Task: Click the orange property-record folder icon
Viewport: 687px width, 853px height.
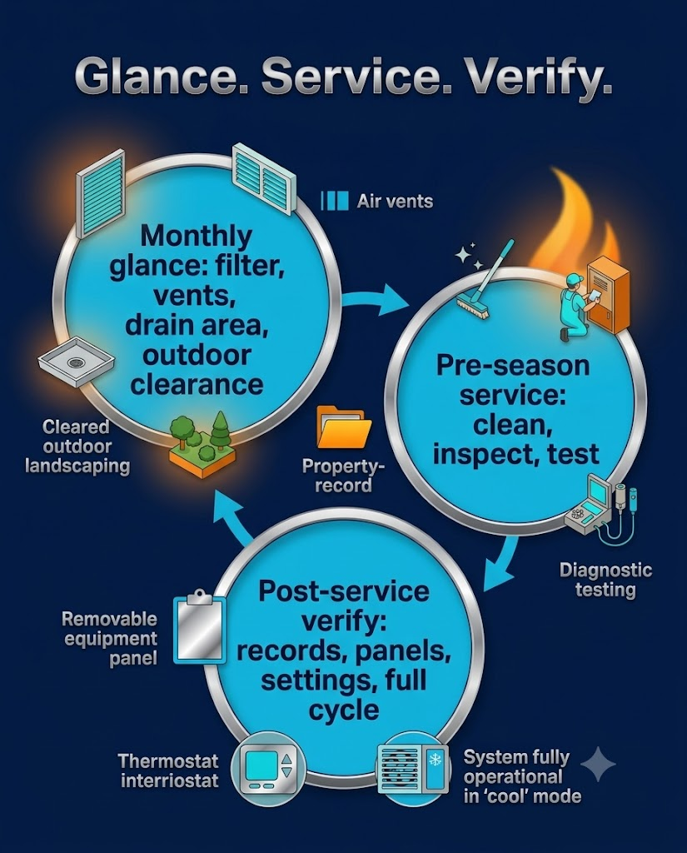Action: [344, 427]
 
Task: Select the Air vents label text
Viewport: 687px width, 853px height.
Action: [395, 202]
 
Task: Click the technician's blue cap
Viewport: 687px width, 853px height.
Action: [574, 280]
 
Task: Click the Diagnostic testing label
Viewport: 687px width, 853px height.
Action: [605, 580]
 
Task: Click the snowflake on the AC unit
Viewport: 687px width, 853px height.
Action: [436, 760]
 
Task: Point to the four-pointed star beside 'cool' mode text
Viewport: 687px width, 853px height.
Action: [598, 764]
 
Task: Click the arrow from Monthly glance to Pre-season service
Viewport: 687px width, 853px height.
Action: [376, 299]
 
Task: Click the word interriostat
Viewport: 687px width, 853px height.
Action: [170, 781]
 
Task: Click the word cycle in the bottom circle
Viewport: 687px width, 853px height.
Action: [344, 711]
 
